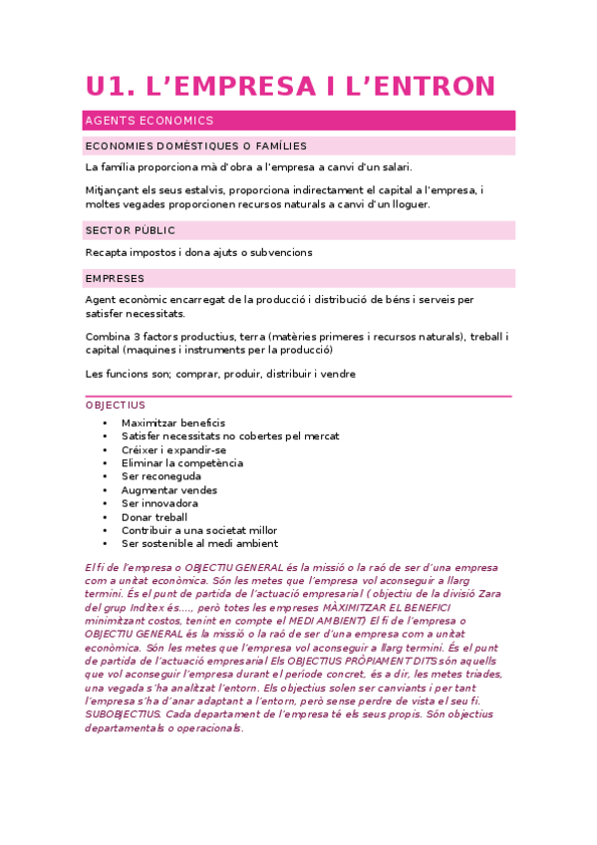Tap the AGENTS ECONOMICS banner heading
(x=149, y=121)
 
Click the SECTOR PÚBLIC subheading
(x=131, y=230)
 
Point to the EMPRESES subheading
(x=116, y=278)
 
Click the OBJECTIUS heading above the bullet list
(x=116, y=406)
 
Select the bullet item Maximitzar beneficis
(x=173, y=422)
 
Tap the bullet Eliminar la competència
(x=182, y=462)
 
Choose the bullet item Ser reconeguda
(x=161, y=476)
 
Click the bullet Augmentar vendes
(x=169, y=489)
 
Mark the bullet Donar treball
(x=154, y=517)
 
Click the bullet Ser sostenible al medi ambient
(x=199, y=544)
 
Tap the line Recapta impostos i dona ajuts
(x=199, y=252)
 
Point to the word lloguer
(x=409, y=204)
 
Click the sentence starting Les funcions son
(x=220, y=374)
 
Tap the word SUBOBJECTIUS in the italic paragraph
(x=125, y=713)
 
